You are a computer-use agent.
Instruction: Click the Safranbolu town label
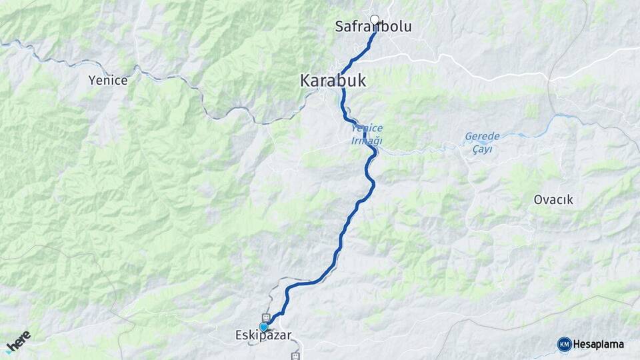tap(373, 27)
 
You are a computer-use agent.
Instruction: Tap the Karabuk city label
tap(333, 81)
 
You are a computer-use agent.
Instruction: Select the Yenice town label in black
tap(107, 81)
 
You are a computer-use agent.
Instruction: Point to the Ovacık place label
tap(553, 199)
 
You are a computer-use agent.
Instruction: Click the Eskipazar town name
tap(263, 336)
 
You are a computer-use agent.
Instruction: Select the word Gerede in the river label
tap(482, 137)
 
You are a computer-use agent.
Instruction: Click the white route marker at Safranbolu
tap(375, 20)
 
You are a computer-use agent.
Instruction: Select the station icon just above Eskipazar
tap(266, 317)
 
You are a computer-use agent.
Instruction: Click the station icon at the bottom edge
tap(295, 356)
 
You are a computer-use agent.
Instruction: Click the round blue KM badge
tap(564, 344)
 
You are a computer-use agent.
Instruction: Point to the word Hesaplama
tap(599, 344)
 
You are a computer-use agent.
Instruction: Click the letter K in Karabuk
tap(305, 81)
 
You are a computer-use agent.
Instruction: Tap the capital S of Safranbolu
tap(339, 27)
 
